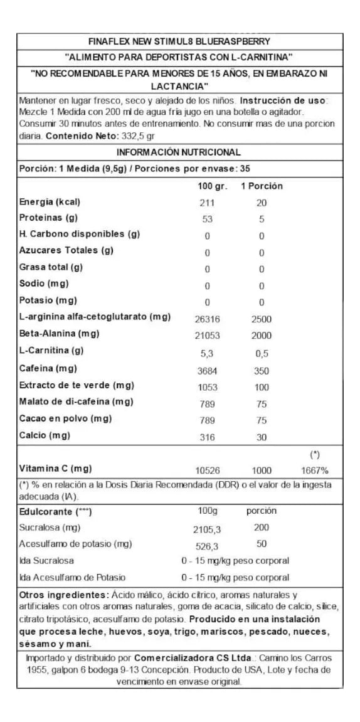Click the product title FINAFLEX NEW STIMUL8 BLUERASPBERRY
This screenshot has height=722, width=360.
tap(179, 42)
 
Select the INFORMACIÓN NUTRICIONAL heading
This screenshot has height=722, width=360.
tap(179, 152)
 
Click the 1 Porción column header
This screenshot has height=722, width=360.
tap(262, 186)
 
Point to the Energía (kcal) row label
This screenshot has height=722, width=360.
tap(50, 202)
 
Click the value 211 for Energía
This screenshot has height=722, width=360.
tap(207, 203)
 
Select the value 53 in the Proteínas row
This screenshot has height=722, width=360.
tap(207, 219)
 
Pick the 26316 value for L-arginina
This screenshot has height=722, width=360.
tap(207, 319)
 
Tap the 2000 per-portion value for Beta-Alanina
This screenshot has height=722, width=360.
tap(262, 336)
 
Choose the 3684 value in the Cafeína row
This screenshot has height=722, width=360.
tap(207, 371)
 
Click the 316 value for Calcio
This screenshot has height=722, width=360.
tap(207, 437)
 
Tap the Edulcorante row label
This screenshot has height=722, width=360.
tap(56, 512)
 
